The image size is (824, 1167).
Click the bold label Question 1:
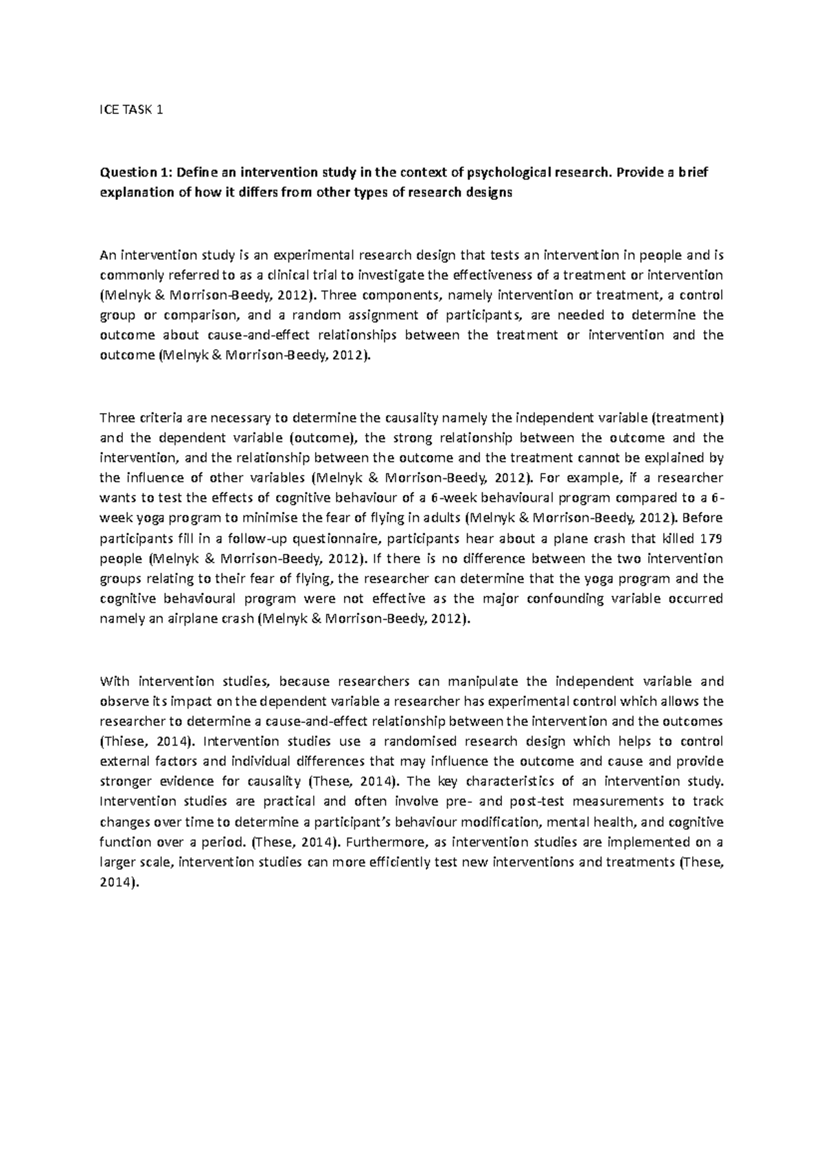click(131, 172)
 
